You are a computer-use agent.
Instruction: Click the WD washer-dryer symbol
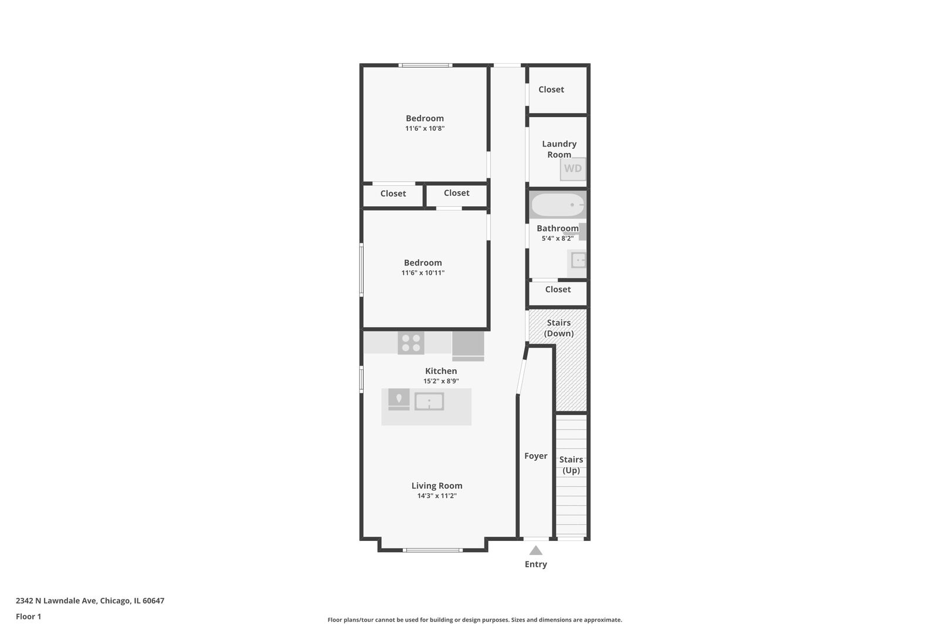click(x=573, y=169)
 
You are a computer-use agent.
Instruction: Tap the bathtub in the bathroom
click(x=558, y=205)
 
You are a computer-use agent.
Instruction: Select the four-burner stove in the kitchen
click(x=411, y=342)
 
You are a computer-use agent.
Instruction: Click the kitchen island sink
click(x=429, y=401)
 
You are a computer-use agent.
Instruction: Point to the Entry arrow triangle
click(x=535, y=550)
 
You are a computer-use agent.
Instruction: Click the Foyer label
click(x=535, y=456)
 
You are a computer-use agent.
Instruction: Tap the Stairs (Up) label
click(x=571, y=465)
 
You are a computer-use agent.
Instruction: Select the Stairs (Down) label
click(x=558, y=328)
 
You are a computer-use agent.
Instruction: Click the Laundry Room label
click(x=559, y=149)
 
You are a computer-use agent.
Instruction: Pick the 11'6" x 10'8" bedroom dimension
click(x=425, y=128)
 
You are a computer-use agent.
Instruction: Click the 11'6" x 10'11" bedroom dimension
click(x=423, y=273)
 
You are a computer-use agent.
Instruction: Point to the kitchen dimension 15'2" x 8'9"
click(x=441, y=381)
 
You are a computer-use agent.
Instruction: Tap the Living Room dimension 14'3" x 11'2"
click(x=437, y=496)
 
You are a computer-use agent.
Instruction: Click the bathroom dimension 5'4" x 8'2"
click(x=558, y=239)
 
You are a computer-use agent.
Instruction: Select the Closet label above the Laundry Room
click(x=551, y=90)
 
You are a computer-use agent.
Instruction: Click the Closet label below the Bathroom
click(x=558, y=289)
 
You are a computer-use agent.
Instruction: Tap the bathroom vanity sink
click(x=577, y=260)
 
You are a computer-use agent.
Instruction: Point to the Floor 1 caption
click(x=28, y=617)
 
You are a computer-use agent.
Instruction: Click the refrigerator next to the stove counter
click(x=468, y=346)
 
